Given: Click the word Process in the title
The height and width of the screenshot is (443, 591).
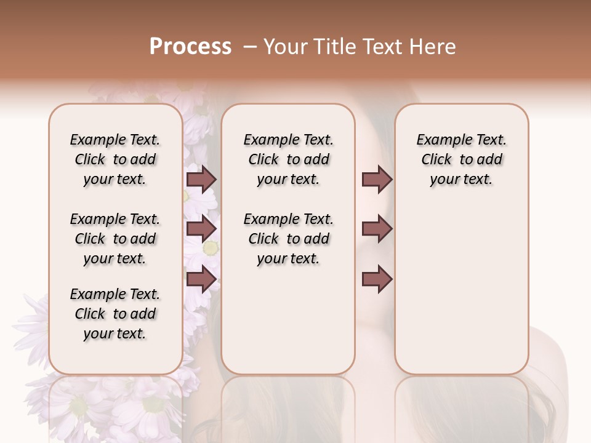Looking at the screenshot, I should tap(190, 47).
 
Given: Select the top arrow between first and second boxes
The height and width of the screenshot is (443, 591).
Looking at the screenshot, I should tap(201, 179).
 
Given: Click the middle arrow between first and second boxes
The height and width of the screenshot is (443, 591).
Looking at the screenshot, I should tap(201, 229).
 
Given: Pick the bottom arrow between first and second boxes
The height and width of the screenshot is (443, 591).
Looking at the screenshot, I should tap(201, 279).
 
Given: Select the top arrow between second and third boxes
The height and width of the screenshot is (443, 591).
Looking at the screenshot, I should tap(377, 179).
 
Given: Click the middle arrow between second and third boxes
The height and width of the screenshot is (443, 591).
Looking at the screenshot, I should tap(377, 229).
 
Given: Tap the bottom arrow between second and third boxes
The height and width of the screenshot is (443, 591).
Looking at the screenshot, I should tap(377, 279).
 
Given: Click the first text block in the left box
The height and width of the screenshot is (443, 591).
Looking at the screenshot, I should tap(115, 159).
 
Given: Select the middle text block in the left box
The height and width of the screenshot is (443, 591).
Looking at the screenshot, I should tap(115, 239).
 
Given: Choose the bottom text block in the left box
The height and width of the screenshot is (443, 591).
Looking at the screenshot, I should tap(115, 314).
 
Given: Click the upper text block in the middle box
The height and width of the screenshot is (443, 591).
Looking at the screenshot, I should tap(289, 159).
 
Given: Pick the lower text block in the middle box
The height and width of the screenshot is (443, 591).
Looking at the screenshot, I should tap(289, 239).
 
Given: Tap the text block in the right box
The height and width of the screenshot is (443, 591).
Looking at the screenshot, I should tap(462, 159).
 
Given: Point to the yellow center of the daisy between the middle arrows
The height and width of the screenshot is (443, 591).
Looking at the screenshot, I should tap(211, 247).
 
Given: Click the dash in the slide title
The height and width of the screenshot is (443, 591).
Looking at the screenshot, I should tap(249, 47).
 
